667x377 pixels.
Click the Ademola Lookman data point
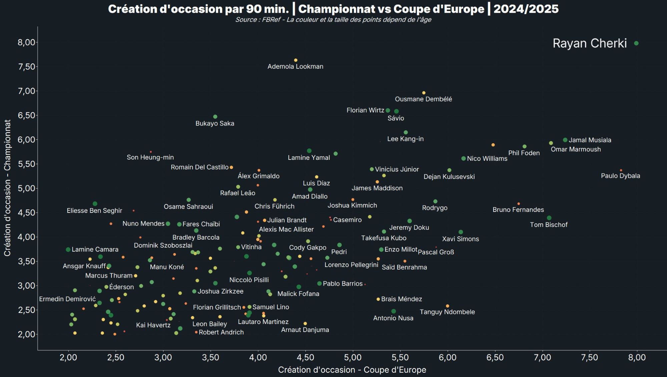pyautogui.click(x=295, y=60)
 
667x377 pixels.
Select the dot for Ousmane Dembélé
pyautogui.click(x=424, y=93)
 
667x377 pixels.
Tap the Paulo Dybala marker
pyautogui.click(x=621, y=170)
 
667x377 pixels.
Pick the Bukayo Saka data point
pyautogui.click(x=215, y=117)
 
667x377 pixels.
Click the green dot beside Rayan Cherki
pyautogui.click(x=636, y=43)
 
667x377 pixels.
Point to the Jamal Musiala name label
pyautogui.click(x=590, y=140)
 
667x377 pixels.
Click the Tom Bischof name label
pyautogui.click(x=549, y=225)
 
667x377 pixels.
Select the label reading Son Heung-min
pyautogui.click(x=150, y=157)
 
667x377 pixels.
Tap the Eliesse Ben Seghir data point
pyautogui.click(x=95, y=204)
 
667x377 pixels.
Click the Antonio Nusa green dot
pyautogui.click(x=394, y=311)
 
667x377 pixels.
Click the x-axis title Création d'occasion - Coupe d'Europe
pyautogui.click(x=352, y=370)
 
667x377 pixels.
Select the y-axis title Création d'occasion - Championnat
pyautogui.click(x=7, y=188)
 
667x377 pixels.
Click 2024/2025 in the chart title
pyautogui.click(x=526, y=9)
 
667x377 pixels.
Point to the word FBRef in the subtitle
pyautogui.click(x=271, y=20)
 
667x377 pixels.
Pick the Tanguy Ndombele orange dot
pyautogui.click(x=447, y=306)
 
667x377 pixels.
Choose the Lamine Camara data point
pyautogui.click(x=68, y=250)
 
